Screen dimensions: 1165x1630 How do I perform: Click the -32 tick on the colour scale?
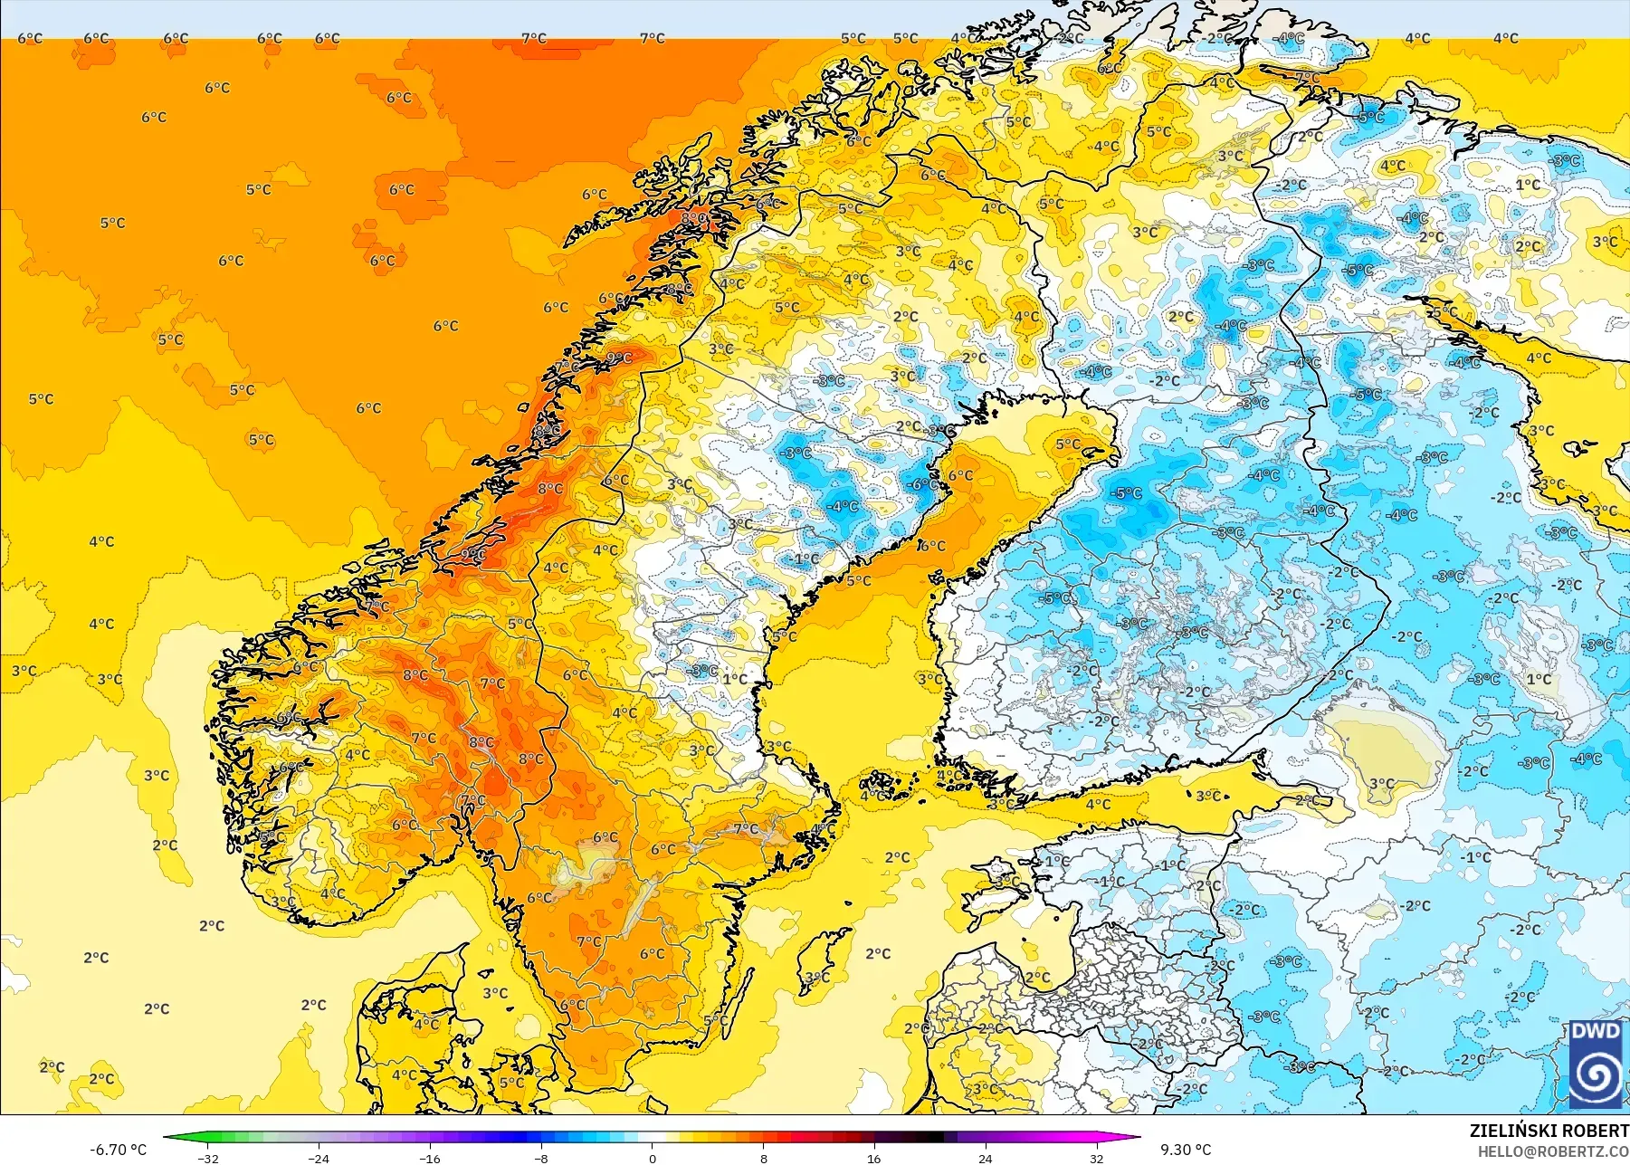(208, 1158)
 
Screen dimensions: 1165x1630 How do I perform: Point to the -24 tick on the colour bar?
(319, 1158)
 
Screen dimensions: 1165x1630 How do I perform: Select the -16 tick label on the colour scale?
(430, 1158)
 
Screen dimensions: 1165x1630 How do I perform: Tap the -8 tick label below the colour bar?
(541, 1158)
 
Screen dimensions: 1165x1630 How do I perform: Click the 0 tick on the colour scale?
(652, 1158)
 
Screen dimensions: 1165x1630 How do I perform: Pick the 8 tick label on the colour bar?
(763, 1158)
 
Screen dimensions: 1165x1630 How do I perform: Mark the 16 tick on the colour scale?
(873, 1158)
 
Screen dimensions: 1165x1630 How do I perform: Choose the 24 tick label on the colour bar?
(985, 1158)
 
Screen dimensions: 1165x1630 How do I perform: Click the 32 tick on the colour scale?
(1096, 1158)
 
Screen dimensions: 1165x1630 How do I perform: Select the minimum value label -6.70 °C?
(118, 1150)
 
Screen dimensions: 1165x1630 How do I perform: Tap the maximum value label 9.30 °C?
(1186, 1150)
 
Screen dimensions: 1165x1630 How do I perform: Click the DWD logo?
(1596, 1065)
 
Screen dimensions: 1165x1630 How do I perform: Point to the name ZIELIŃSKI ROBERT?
(1549, 1131)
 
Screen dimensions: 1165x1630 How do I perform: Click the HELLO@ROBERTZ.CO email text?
(1553, 1151)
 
